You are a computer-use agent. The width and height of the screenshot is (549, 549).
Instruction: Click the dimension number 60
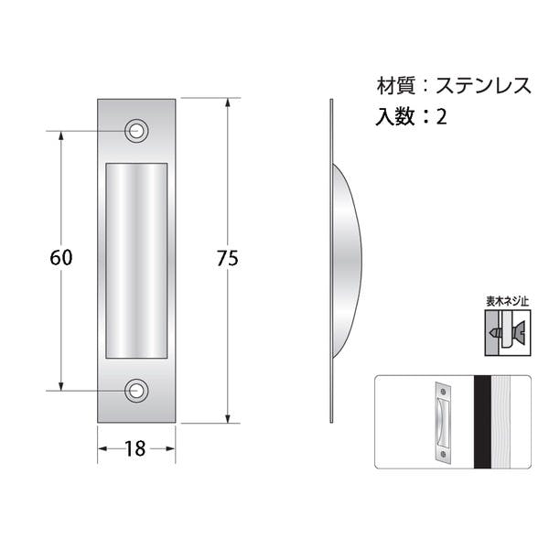[61, 258]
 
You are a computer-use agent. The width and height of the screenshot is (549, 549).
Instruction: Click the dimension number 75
[228, 258]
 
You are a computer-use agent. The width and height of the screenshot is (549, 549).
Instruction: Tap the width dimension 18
[135, 449]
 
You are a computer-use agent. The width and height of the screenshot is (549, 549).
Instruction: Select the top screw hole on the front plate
[136, 131]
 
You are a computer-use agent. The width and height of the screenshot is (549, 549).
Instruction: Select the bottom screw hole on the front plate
[136, 391]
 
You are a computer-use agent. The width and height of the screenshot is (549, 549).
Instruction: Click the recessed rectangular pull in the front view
[136, 261]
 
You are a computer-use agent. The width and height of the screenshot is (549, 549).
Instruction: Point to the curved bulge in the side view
[346, 261]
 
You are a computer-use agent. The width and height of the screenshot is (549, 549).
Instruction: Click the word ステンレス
[483, 85]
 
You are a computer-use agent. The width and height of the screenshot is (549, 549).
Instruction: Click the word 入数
[395, 116]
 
